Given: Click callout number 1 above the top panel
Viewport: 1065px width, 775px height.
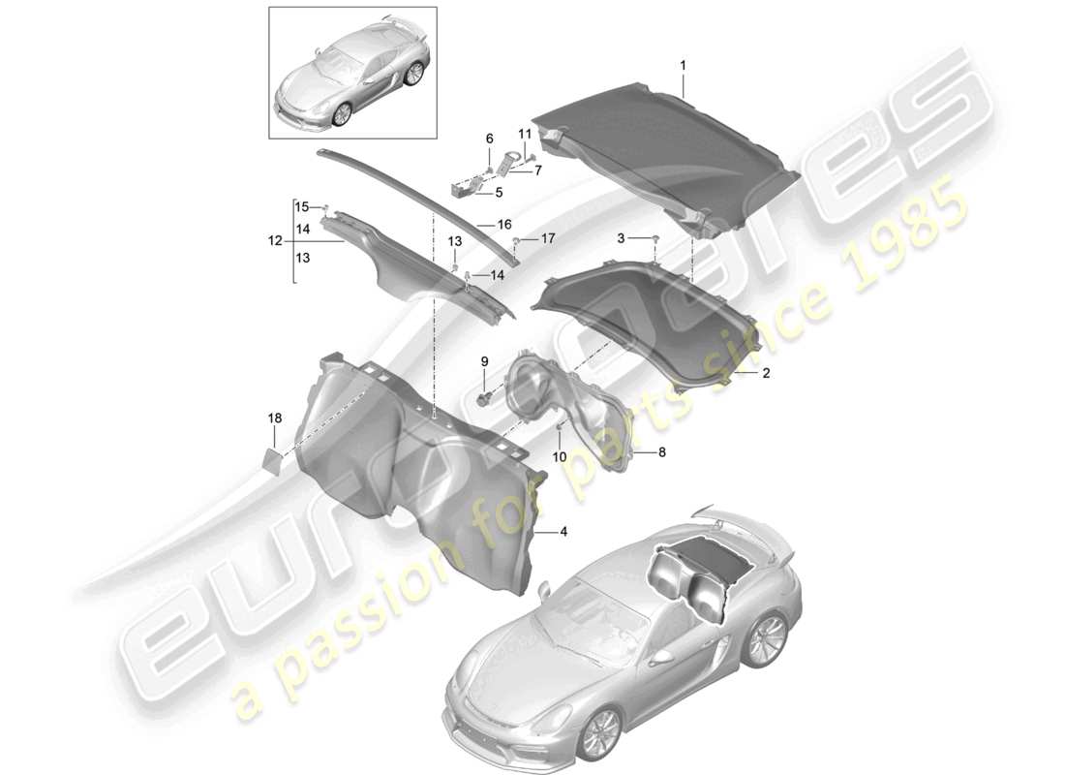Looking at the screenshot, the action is tap(683, 65).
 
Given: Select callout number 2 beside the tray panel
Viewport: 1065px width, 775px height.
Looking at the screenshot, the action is tap(765, 372).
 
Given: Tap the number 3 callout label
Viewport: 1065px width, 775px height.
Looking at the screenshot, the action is tap(623, 237).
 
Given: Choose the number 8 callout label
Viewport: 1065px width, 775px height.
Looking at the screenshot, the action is tap(662, 451).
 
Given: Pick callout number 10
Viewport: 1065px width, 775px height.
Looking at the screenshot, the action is tap(560, 457).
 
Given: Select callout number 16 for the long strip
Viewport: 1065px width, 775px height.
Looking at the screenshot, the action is tap(503, 224).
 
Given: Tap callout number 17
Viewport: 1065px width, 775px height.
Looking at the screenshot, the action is tap(547, 237).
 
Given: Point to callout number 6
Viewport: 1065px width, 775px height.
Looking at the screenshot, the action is tap(489, 138).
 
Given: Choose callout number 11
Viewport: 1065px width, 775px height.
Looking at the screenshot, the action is tap(525, 133).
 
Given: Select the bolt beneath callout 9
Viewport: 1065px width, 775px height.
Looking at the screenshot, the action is tap(484, 396).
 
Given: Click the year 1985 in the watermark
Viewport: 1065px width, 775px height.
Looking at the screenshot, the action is tap(910, 236).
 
